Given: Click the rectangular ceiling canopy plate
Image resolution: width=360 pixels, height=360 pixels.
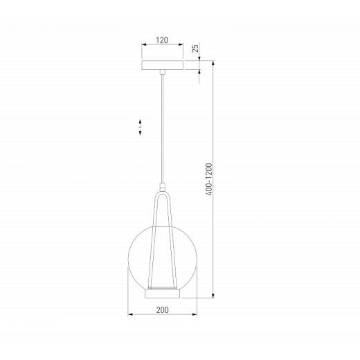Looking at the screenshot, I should (x=163, y=65).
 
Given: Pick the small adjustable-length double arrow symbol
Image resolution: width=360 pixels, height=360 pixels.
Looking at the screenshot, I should (x=139, y=127).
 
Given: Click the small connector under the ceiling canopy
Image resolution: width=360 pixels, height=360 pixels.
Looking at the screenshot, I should (x=163, y=72).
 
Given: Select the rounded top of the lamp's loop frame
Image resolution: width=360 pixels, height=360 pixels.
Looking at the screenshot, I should (x=163, y=195).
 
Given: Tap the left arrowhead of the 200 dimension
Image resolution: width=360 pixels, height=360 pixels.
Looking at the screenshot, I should (x=132, y=319).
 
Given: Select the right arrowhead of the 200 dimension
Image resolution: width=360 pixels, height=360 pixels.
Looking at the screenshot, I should (x=196, y=319).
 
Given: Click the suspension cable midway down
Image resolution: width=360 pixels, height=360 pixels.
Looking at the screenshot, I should (x=163, y=128).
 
